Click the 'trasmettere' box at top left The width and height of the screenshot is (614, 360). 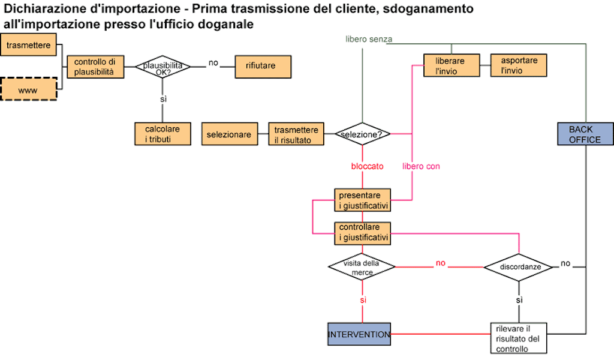[x=29, y=46]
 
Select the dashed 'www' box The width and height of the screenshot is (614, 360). [x=29, y=89]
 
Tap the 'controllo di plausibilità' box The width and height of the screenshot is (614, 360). [x=95, y=67]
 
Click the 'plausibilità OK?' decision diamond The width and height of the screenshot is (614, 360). [x=162, y=67]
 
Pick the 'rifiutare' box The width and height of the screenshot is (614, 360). [x=260, y=66]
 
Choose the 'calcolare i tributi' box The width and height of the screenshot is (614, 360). [x=162, y=134]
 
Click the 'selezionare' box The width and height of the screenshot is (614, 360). [x=228, y=134]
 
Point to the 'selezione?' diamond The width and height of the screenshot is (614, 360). [x=362, y=134]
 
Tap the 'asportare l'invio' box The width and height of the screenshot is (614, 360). [x=519, y=65]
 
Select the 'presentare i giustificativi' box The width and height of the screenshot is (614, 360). [x=363, y=200]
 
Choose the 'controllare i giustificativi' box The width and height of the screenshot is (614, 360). [x=363, y=233]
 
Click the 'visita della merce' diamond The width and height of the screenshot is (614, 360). [x=362, y=267]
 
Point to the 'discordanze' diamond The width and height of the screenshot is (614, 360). [x=519, y=267]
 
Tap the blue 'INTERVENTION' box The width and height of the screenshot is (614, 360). [x=359, y=334]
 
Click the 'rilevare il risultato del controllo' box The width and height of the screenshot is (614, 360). [x=519, y=337]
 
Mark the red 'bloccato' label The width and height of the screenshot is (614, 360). [x=367, y=166]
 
